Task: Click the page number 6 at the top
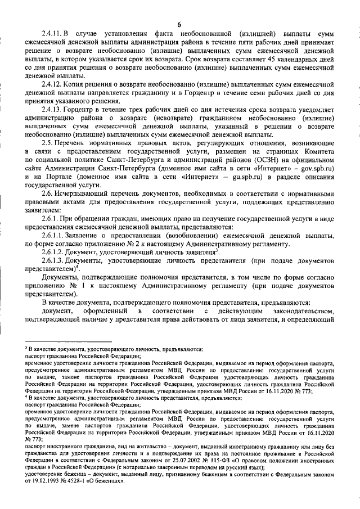click(x=179, y=24)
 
